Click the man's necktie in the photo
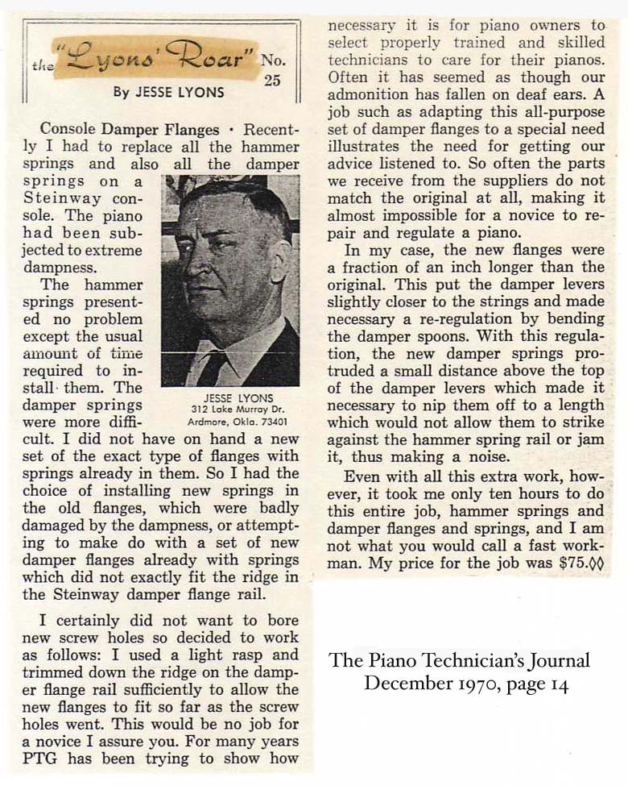(x=215, y=368)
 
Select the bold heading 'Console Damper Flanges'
(x=129, y=129)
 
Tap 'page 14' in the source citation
(x=543, y=683)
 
